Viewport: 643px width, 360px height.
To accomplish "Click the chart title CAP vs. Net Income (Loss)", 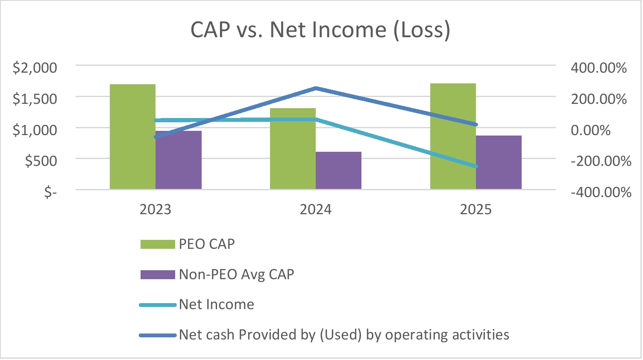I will pyautogui.click(x=320, y=30).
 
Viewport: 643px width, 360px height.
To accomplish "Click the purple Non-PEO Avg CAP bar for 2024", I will pyautogui.click(x=338, y=171).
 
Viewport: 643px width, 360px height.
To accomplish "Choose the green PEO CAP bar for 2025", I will pyautogui.click(x=453, y=136).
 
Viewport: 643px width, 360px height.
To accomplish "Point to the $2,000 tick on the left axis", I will pyautogui.click(x=35, y=68).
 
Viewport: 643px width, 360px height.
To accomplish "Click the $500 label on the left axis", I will pyautogui.click(x=41, y=161).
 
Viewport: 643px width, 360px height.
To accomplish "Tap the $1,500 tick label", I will pyautogui.click(x=35, y=99).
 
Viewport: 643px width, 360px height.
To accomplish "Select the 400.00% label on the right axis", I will pyautogui.click(x=599, y=68).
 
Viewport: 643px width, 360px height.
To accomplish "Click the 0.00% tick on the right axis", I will pyautogui.click(x=590, y=130).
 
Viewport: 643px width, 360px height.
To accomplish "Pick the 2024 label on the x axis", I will pyautogui.click(x=315, y=210).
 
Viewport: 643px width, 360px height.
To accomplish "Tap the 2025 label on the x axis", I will pyautogui.click(x=476, y=210).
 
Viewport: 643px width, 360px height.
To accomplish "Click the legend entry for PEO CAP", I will pyautogui.click(x=207, y=244).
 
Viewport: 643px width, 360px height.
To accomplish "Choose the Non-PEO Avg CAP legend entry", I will pyautogui.click(x=236, y=274).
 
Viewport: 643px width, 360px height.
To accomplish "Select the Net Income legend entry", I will pyautogui.click(x=216, y=304).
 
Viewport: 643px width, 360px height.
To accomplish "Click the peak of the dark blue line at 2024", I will pyautogui.click(x=316, y=89).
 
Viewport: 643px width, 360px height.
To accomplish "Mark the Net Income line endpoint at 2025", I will pyautogui.click(x=476, y=166).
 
